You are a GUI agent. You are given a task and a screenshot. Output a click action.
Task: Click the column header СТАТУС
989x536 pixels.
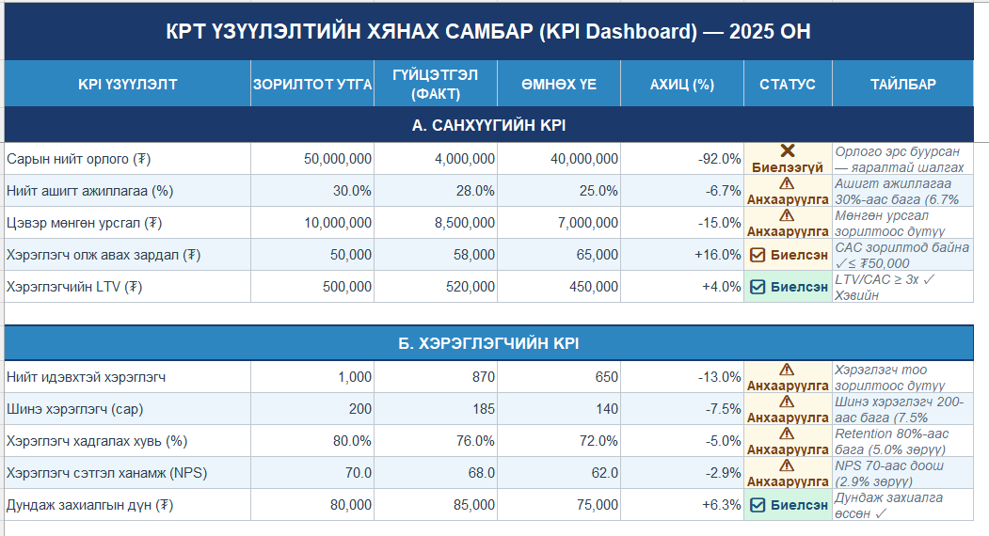pos(788,85)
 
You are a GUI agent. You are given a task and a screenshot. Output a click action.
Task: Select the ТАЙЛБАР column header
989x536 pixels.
pos(902,85)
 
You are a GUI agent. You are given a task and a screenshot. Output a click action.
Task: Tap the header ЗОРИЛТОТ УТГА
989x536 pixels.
pos(312,85)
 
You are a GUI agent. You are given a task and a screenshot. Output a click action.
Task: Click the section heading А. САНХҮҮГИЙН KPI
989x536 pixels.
pos(488,125)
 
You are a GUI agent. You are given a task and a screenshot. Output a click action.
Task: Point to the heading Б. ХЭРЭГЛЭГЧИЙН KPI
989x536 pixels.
pos(488,343)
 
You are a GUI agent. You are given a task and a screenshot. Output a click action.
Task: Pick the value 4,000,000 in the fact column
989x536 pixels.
pos(465,159)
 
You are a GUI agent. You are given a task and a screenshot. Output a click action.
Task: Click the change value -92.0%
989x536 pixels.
pos(719,159)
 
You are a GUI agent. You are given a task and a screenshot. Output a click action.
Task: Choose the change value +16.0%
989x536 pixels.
pos(718,255)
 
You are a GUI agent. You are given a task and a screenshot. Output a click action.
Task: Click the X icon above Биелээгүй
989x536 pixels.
pos(788,150)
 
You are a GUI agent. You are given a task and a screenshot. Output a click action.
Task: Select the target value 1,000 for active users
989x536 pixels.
pos(355,377)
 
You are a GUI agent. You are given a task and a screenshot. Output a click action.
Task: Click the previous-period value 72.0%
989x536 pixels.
pos(598,441)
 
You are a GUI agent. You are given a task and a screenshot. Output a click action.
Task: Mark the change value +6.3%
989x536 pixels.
pos(722,505)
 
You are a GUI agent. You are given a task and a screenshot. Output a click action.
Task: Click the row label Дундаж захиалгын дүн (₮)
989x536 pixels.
pos(89,505)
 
